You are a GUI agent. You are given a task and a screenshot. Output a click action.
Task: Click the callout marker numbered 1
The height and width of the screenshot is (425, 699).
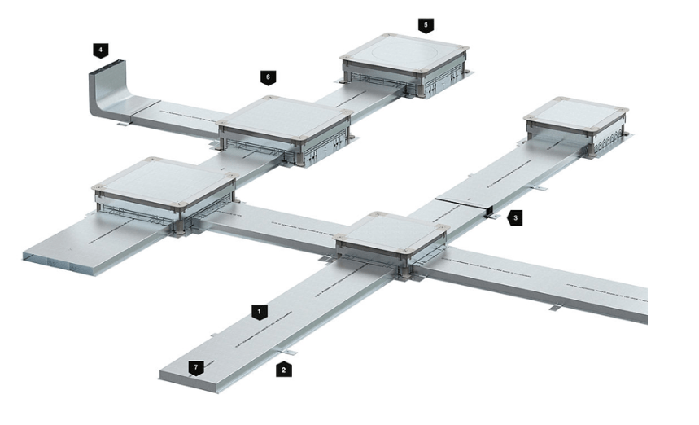tap(260, 312)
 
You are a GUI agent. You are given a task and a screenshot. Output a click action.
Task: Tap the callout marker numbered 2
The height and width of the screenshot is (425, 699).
tap(284, 370)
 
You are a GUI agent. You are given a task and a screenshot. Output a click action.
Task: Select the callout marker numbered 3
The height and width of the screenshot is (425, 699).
tap(515, 218)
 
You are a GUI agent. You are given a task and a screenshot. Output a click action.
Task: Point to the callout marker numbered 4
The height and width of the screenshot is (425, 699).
tap(101, 50)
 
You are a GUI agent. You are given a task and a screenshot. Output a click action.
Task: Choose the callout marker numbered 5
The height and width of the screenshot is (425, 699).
tap(426, 25)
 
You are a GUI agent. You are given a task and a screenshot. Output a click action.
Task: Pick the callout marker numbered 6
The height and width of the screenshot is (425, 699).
tap(269, 77)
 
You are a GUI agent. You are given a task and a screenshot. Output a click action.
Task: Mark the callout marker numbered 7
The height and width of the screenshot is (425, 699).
tap(196, 368)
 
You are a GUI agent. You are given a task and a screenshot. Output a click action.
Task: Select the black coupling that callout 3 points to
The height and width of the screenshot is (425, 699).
tap(488, 211)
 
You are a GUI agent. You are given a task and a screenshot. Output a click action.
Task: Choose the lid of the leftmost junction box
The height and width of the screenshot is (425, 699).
tap(165, 181)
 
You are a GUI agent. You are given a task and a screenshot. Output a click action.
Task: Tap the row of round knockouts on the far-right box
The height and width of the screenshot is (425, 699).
tap(609, 139)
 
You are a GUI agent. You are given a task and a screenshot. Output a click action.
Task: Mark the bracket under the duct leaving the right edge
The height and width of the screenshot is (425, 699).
tap(556, 307)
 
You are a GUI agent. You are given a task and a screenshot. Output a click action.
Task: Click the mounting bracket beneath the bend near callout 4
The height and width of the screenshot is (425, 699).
tap(124, 124)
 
